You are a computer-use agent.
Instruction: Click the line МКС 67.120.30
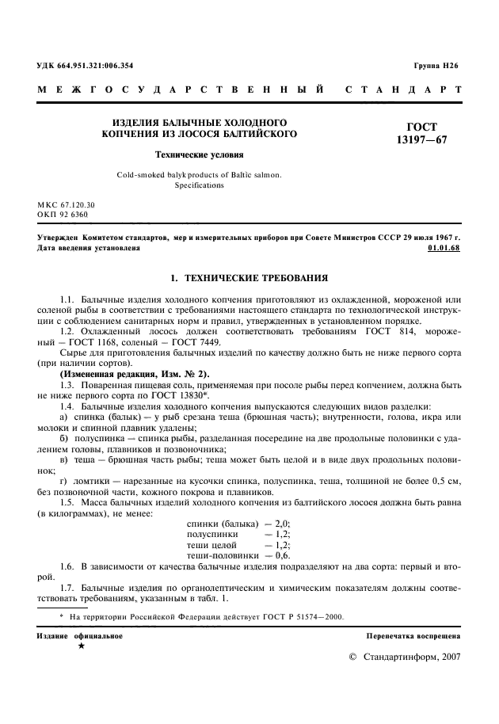(67, 204)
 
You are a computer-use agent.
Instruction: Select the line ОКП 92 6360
(63, 214)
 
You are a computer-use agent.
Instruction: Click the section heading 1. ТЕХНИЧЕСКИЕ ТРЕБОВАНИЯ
(249, 279)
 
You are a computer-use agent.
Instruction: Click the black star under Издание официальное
(81, 646)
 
